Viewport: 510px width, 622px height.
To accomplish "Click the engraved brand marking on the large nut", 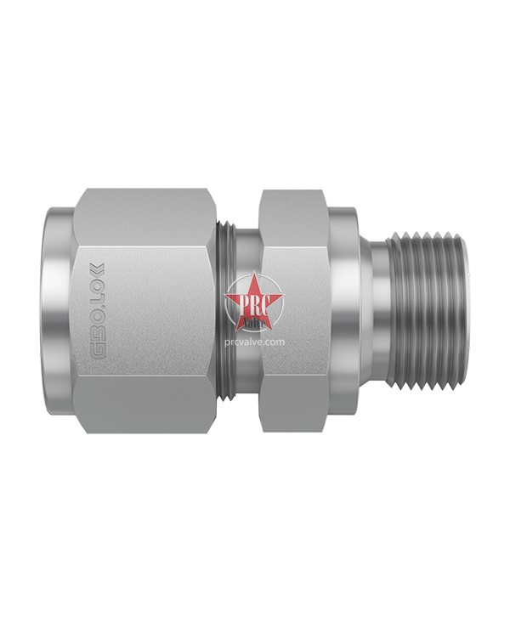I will pyautogui.click(x=99, y=311).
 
